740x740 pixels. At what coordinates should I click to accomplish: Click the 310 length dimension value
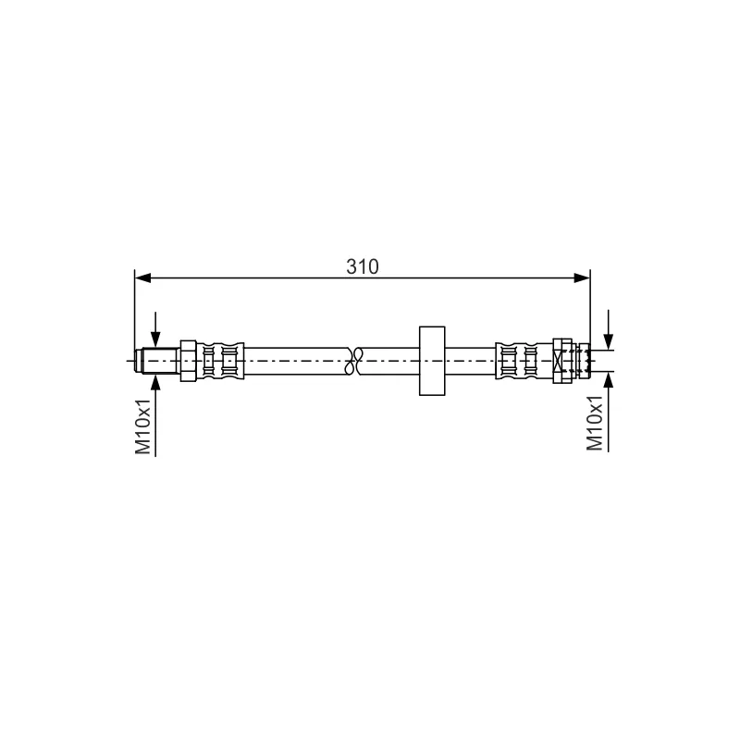362,266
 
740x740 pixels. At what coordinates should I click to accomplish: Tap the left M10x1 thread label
143,426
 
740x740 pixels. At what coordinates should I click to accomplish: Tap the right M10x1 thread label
594,423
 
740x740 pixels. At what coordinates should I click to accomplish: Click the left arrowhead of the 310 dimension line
142,278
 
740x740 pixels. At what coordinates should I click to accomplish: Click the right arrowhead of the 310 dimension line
582,278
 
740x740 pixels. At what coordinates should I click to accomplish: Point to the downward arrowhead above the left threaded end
155,339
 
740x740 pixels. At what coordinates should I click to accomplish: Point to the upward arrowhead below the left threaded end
155,383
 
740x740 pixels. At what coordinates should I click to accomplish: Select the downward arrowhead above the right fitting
609,341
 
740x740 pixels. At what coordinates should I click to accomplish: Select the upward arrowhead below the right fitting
609,380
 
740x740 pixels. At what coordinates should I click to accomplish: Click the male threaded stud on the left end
157,361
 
